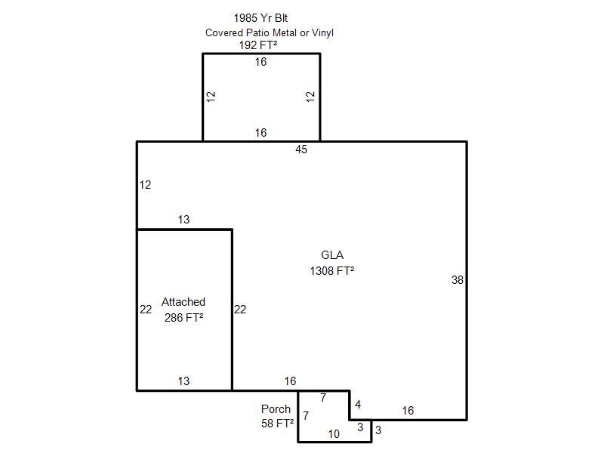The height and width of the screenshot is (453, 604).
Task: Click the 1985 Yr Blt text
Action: point(260,18)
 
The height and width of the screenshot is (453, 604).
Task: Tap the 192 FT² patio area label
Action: point(258,45)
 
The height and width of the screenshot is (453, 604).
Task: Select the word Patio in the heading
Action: point(257,32)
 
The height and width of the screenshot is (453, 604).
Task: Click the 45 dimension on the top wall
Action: point(301,149)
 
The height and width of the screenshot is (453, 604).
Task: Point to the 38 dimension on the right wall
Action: point(458,280)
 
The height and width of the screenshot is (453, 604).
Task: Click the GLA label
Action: point(332,255)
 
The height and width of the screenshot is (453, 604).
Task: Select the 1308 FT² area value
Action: point(332,271)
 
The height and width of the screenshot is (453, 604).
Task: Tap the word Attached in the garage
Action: point(183,301)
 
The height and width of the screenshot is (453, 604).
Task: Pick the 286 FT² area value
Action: point(183,317)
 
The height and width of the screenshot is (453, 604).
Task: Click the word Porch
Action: point(276,408)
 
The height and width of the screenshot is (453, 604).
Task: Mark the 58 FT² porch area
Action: point(277,424)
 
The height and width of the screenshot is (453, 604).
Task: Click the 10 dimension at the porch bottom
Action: point(334,434)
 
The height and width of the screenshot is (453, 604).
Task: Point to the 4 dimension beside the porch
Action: point(358,405)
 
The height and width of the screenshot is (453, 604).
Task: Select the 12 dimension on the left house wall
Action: point(145,185)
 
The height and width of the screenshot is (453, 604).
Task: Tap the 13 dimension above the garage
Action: point(183,220)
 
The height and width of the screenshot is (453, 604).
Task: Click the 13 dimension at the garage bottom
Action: point(183,381)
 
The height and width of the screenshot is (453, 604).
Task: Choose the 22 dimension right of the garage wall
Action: point(240,310)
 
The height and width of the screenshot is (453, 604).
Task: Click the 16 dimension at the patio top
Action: point(260,62)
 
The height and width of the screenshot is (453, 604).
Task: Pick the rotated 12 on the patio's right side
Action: point(310,97)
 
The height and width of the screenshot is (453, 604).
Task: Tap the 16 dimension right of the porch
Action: point(408,411)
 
